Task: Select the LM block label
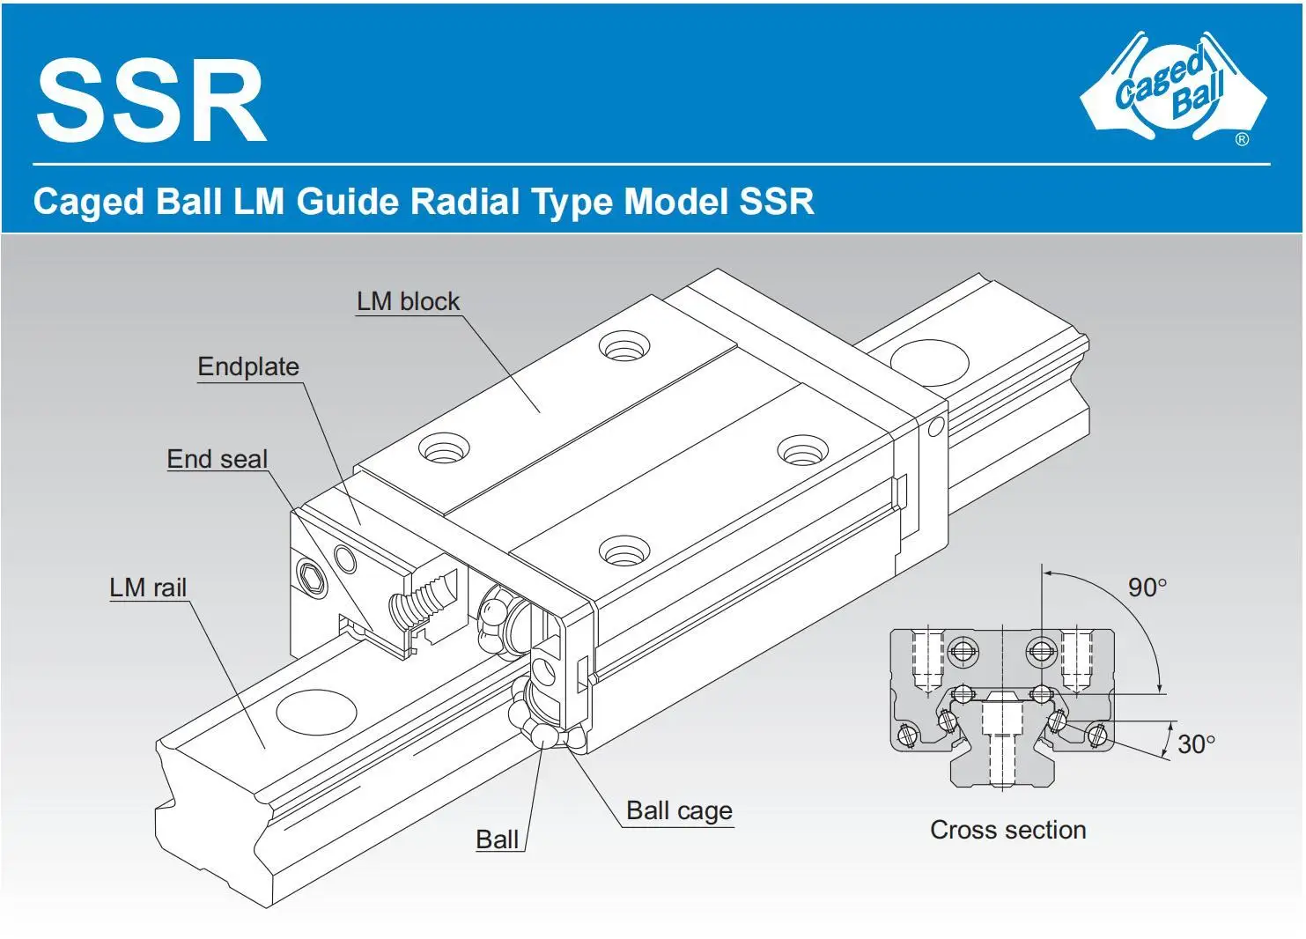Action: pos(408,301)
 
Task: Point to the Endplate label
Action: pos(248,366)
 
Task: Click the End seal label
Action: pos(217,459)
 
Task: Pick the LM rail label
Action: pos(148,588)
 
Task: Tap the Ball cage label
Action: pos(679,810)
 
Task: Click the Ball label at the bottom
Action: pos(497,839)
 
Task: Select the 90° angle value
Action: pos(1147,588)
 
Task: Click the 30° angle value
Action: pos(1196,745)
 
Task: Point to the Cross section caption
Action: pos(1007,830)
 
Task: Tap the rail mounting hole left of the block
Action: pos(316,711)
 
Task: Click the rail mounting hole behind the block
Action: pos(929,361)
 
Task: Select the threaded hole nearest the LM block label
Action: pos(624,346)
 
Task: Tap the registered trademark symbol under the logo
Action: pos(1242,139)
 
